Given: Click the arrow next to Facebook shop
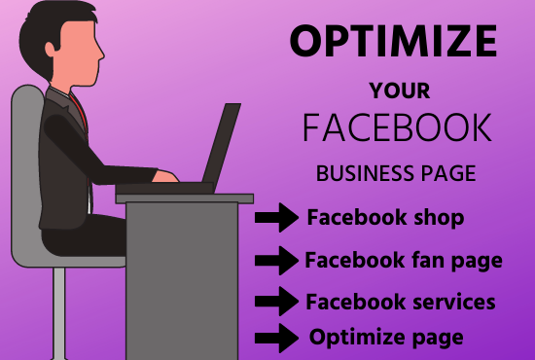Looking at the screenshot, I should pyautogui.click(x=275, y=220).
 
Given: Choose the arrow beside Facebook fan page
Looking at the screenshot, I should pyautogui.click(x=275, y=261).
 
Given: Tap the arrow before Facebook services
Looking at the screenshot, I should pyautogui.click(x=275, y=302).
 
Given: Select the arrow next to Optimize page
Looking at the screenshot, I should pyautogui.click(x=275, y=338).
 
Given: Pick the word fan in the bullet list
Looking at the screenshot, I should pyautogui.click(x=418, y=260).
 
